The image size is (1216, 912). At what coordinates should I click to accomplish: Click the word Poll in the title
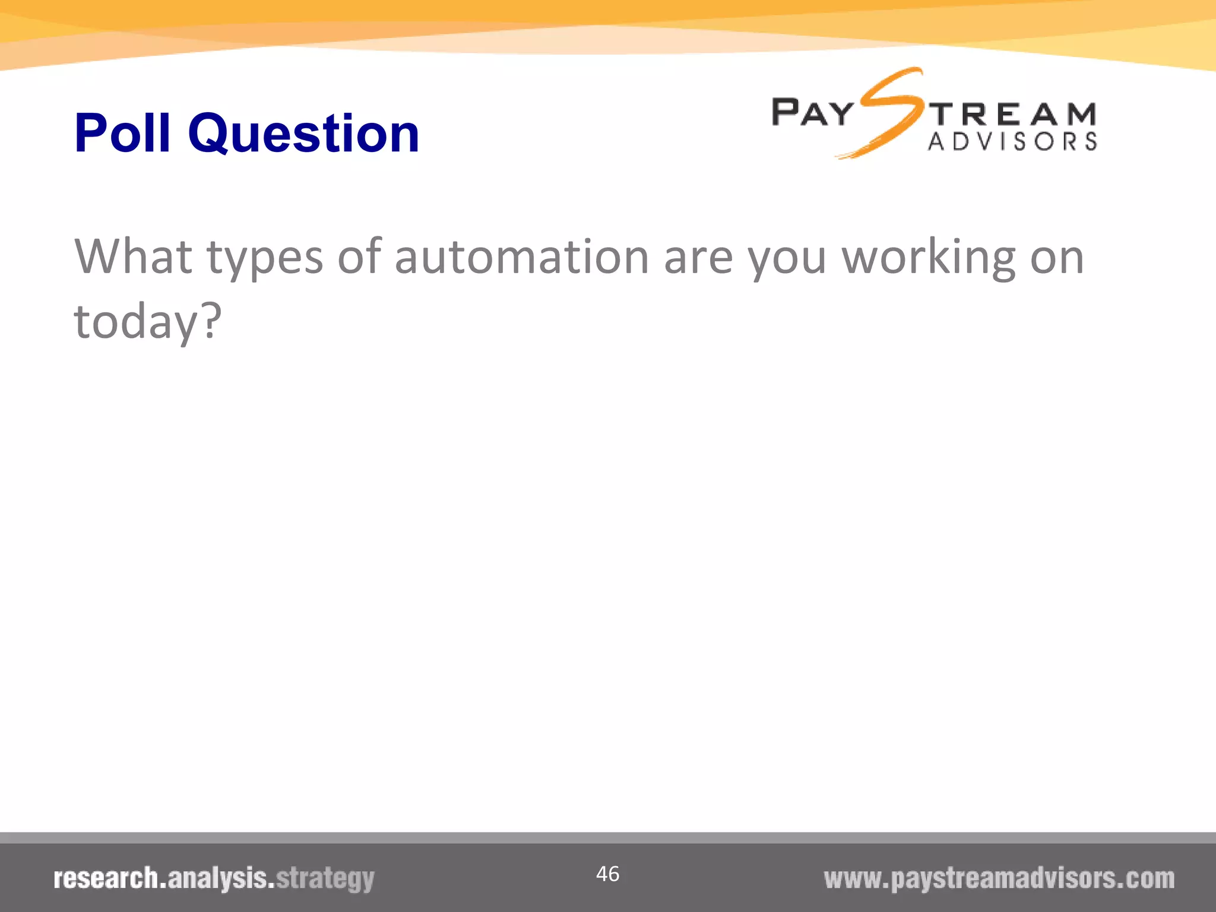point(122,133)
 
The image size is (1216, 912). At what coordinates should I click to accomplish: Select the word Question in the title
point(303,134)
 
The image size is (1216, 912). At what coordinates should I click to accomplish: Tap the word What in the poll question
point(133,256)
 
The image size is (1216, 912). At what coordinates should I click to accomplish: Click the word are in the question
point(698,258)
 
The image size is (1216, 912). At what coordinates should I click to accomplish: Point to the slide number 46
point(607,874)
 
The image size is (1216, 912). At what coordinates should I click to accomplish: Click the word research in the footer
point(106,879)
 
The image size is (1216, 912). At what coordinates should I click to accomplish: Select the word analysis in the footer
point(217,879)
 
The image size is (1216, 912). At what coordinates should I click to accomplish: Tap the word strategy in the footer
point(325,879)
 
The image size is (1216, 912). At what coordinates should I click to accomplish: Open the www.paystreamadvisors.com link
point(999,879)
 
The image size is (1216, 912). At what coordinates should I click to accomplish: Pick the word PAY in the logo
point(812,113)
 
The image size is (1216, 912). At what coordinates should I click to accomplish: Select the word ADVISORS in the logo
point(1012,142)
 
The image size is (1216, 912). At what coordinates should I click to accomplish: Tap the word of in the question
point(359,256)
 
